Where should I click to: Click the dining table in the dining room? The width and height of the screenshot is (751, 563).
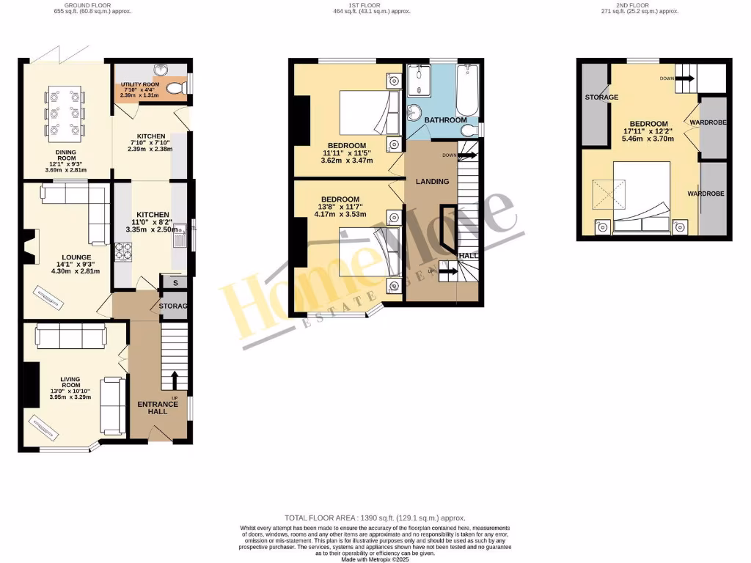click(65, 113)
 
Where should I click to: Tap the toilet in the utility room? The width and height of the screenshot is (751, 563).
click(174, 89)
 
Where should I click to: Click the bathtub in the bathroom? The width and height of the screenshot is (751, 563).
click(467, 90)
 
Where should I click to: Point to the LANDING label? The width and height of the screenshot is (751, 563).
click(432, 181)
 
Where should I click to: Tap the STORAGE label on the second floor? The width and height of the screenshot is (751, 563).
click(601, 97)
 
